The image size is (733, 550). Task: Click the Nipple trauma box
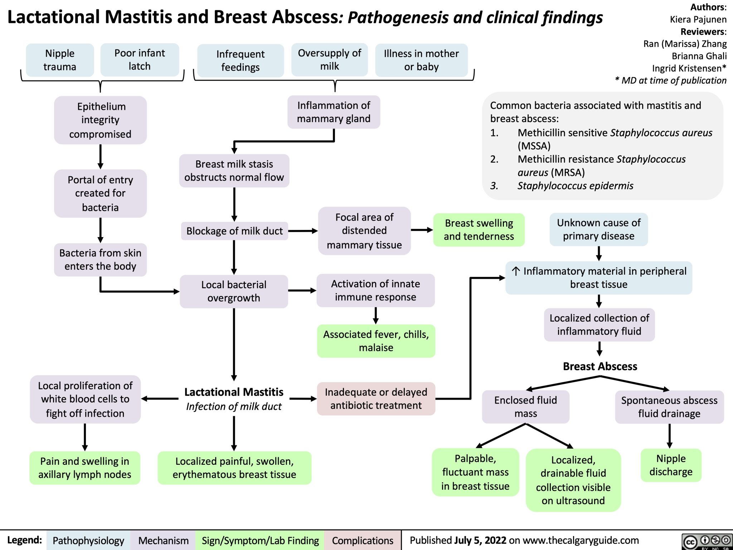pos(60,60)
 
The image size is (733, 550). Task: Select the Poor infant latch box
pos(140,59)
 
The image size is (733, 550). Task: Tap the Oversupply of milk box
pos(329,59)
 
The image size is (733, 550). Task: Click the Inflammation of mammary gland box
pos(334,112)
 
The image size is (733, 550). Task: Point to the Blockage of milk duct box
pos(234,231)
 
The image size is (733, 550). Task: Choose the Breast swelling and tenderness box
pos(479,230)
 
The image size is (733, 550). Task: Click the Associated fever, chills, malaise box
pos(376,341)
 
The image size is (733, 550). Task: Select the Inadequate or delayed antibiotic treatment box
pos(376,399)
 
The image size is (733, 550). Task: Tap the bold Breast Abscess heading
pos(600,366)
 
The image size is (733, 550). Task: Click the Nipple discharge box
pos(671,465)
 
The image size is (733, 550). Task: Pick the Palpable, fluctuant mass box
pos(475,472)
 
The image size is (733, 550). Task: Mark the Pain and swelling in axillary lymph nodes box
pos(85,468)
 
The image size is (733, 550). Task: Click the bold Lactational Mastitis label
pos(234,392)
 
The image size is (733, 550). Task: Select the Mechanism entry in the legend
pos(163,540)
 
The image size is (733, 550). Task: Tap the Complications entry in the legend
pos(362,540)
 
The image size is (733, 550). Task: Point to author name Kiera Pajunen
pos(698,19)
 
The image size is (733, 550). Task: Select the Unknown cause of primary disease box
pos(598,229)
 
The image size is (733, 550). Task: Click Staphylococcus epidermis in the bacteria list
pos(575,185)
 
